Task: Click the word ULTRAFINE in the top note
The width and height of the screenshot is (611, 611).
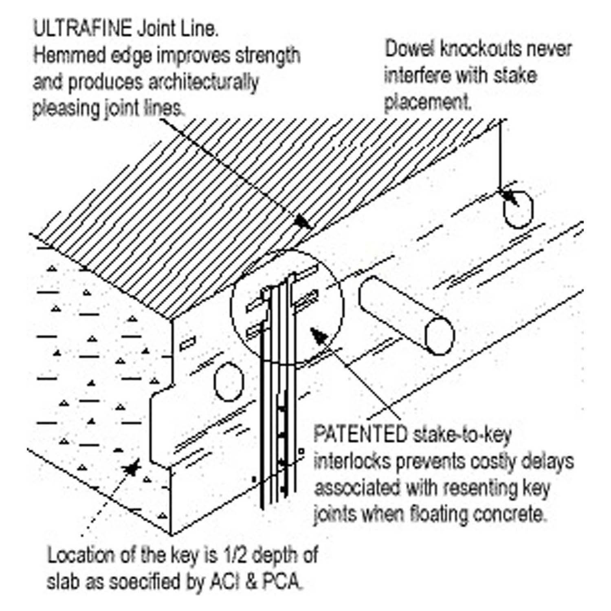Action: point(82,29)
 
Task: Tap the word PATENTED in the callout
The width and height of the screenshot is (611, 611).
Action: point(360,435)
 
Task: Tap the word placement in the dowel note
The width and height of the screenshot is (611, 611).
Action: point(428,102)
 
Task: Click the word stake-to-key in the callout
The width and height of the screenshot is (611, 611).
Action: point(462,435)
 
